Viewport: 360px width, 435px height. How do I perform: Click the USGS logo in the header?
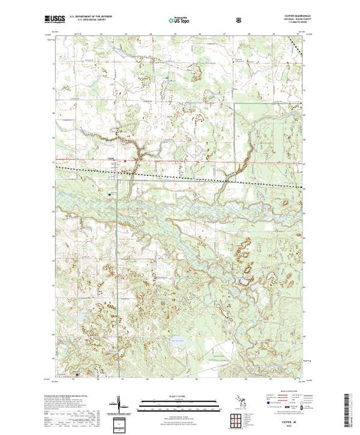(x=57, y=20)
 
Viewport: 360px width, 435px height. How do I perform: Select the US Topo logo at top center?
(x=179, y=20)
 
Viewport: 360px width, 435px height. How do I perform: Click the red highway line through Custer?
(x=173, y=162)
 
